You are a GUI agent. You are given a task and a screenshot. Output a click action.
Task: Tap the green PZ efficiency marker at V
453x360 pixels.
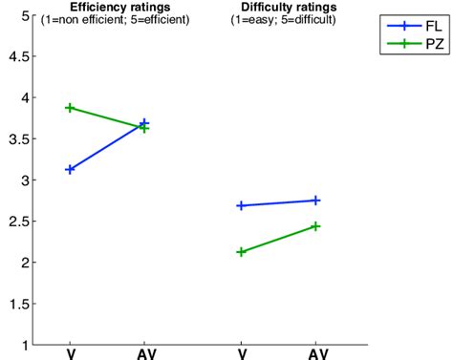tap(70, 108)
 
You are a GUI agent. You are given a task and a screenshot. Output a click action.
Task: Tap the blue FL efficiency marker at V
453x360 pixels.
tap(70, 169)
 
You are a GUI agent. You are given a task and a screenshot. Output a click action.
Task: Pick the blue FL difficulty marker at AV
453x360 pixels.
tap(315, 200)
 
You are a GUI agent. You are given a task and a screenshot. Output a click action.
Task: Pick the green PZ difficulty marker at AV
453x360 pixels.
tap(315, 226)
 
